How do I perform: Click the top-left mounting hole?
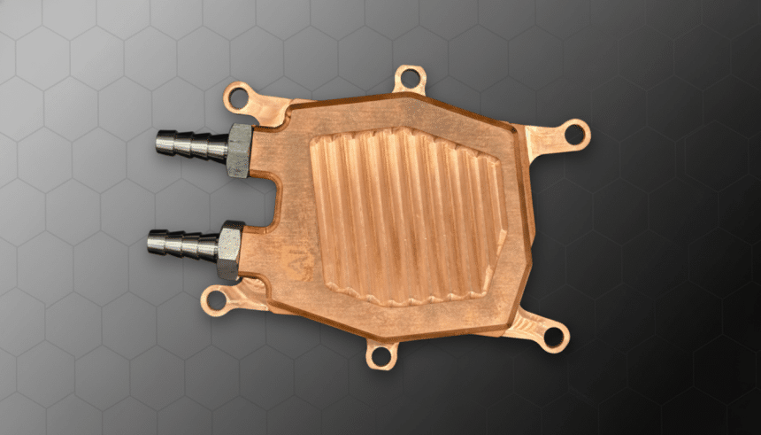tap(237, 98)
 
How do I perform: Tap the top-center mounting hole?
tap(409, 78)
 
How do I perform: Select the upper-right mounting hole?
tap(575, 135)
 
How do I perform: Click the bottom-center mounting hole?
tap(381, 355)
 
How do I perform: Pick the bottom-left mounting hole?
tap(215, 301)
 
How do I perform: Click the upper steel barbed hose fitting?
tap(190, 144)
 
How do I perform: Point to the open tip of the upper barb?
tap(160, 141)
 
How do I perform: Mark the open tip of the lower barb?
tap(151, 241)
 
